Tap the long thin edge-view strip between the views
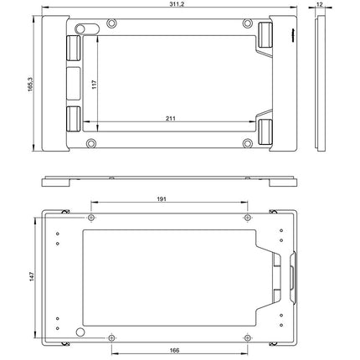pyautogui.click(x=172, y=180)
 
